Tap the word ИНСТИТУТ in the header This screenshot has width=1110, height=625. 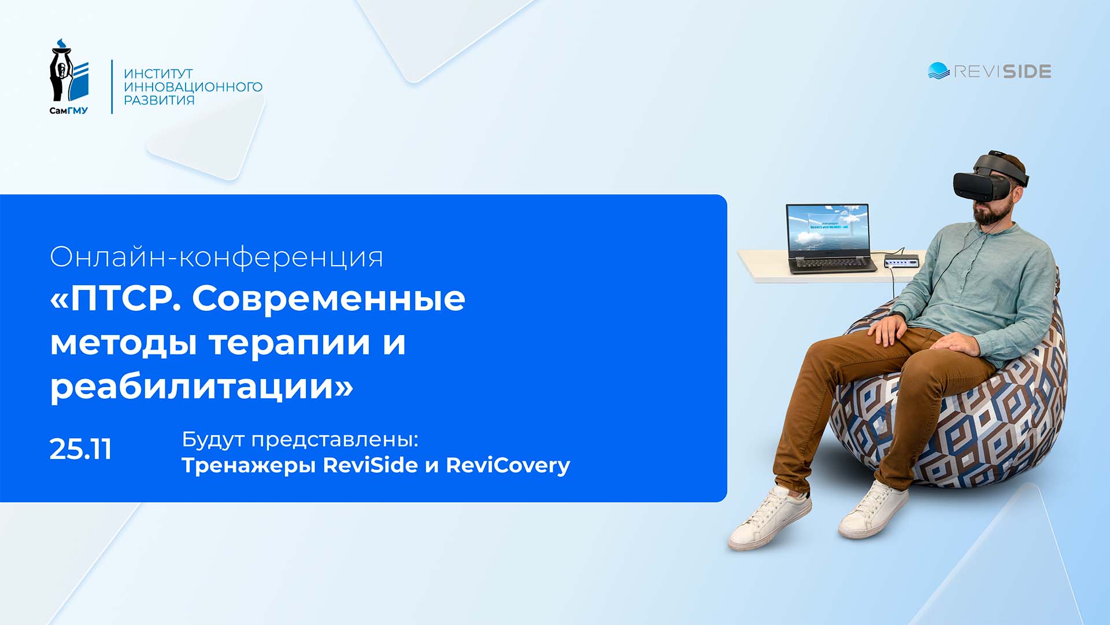(x=158, y=73)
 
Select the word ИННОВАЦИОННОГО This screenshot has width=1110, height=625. (x=193, y=87)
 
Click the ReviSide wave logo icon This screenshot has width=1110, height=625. (x=938, y=71)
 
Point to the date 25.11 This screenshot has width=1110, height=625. (x=80, y=449)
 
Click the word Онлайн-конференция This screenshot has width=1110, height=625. (x=216, y=257)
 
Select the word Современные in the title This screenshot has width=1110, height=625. (x=328, y=299)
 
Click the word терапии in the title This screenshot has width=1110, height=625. (x=290, y=342)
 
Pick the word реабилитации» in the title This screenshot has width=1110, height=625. (x=201, y=386)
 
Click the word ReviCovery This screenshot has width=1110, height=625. (x=508, y=465)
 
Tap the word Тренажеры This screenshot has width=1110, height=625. (x=249, y=465)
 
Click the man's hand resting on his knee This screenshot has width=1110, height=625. (x=885, y=331)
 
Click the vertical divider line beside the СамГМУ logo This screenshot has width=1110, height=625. (x=112, y=86)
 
